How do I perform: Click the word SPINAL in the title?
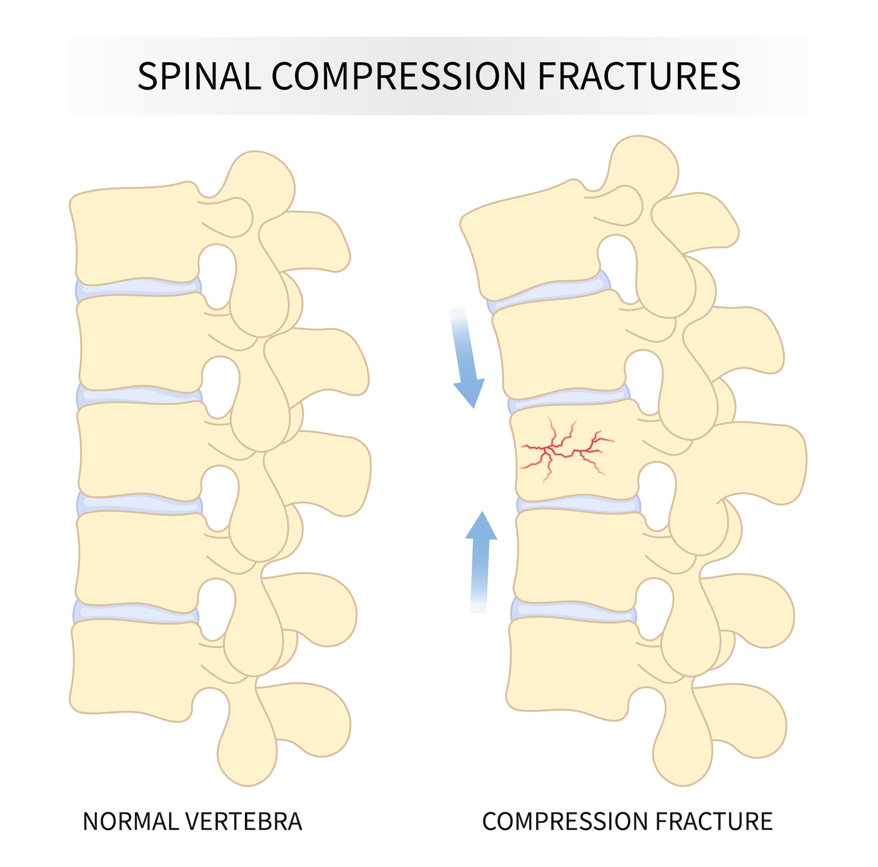pyautogui.click(x=199, y=76)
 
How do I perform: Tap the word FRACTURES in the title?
pyautogui.click(x=638, y=76)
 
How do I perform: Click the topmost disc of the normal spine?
pyautogui.click(x=137, y=288)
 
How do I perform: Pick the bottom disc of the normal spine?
pyautogui.click(x=137, y=612)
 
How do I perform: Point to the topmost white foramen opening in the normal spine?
pyautogui.click(x=217, y=275)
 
